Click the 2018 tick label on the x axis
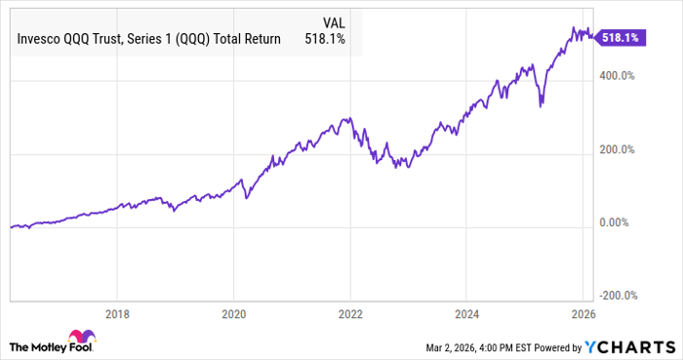(117, 315)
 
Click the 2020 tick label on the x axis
(233, 315)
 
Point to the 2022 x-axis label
(350, 315)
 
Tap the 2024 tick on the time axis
(466, 315)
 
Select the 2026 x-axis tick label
(583, 315)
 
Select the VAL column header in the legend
(333, 21)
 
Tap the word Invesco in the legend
(38, 39)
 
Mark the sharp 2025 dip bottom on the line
(541, 106)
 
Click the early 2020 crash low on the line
(246, 199)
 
